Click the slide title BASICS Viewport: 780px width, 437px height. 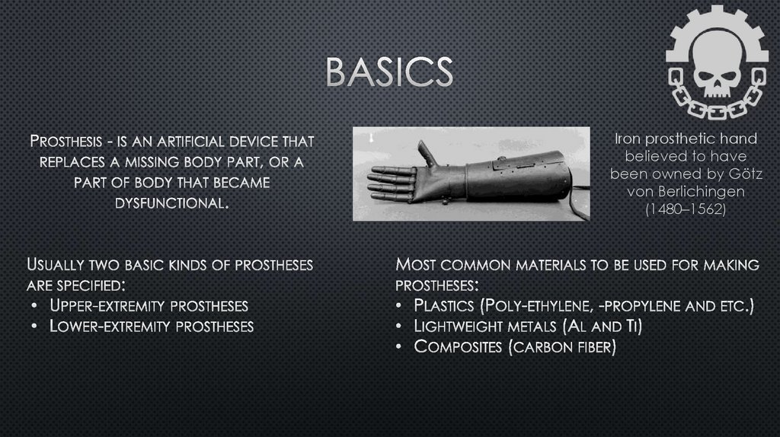pos(389,72)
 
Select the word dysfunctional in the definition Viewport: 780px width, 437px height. pos(172,203)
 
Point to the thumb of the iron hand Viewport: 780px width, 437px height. pos(427,153)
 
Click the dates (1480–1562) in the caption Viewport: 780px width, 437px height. pos(686,209)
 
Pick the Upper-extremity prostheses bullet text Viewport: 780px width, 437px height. pos(149,306)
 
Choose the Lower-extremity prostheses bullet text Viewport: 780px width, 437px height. pos(152,327)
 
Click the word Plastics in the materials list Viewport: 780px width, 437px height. pos(445,306)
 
